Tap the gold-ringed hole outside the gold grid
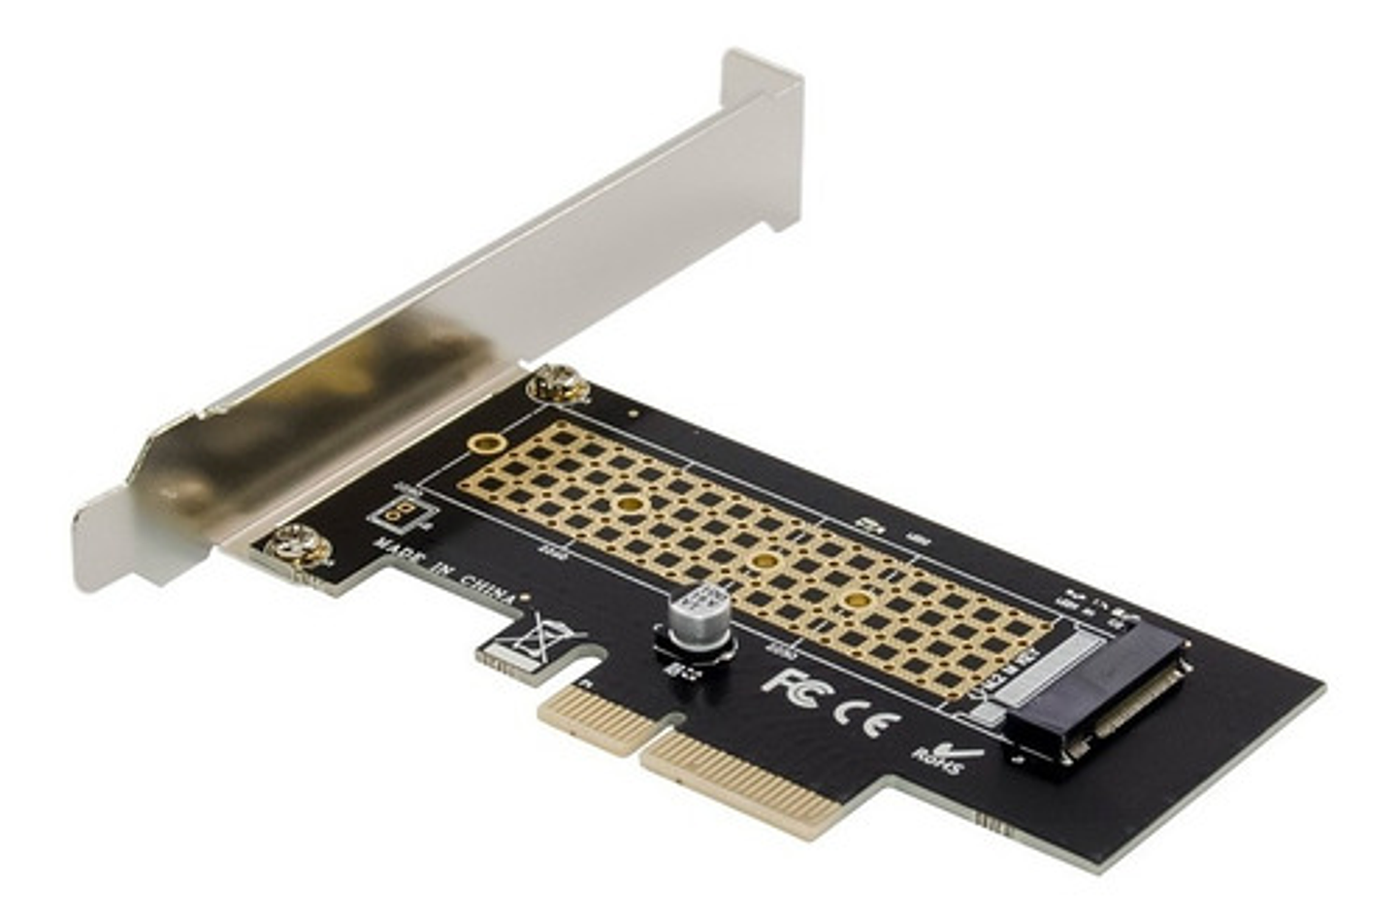click(485, 445)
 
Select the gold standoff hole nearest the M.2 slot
click(854, 601)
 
